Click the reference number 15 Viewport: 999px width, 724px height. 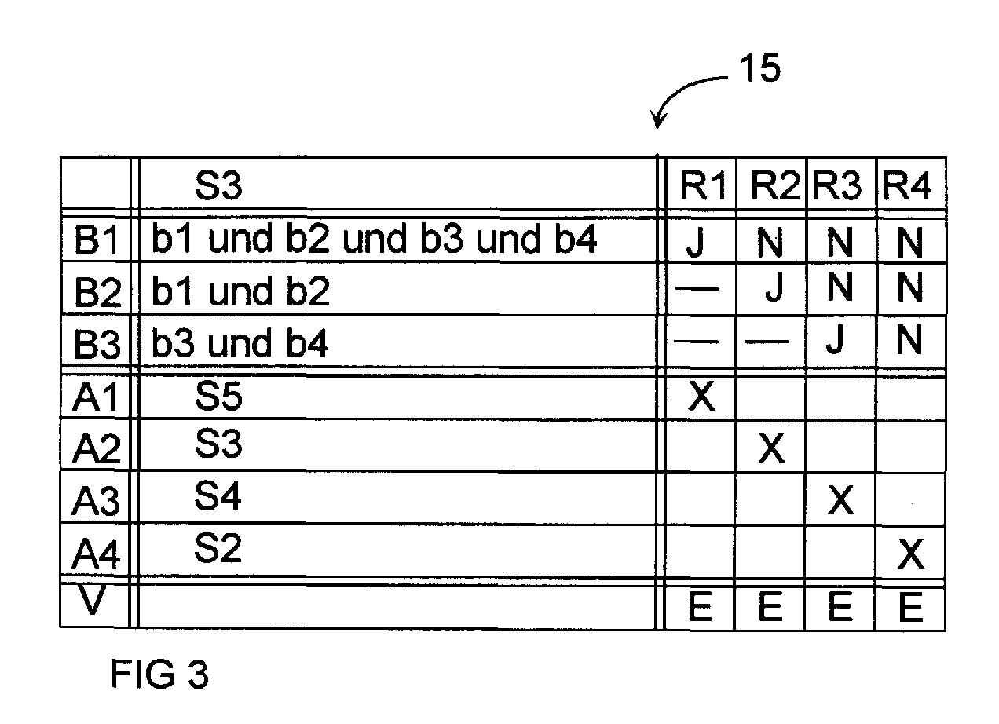759,68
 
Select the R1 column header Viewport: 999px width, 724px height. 703,185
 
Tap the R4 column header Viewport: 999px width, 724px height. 907,185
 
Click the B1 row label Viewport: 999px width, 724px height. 97,240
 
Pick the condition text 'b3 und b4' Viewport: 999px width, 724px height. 240,343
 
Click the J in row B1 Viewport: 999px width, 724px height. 696,242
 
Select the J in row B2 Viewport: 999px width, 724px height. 775,287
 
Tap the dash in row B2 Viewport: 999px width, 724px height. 697,289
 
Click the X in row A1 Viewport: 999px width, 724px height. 701,396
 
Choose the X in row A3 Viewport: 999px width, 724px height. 840,500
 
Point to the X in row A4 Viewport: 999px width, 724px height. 911,554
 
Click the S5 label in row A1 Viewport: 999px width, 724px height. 218,396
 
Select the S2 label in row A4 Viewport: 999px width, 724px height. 218,547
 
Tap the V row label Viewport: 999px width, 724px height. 92,600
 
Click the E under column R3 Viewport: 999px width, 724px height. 840,606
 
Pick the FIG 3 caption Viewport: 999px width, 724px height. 159,674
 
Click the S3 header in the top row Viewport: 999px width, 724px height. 218,185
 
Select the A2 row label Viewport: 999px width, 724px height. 96,448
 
